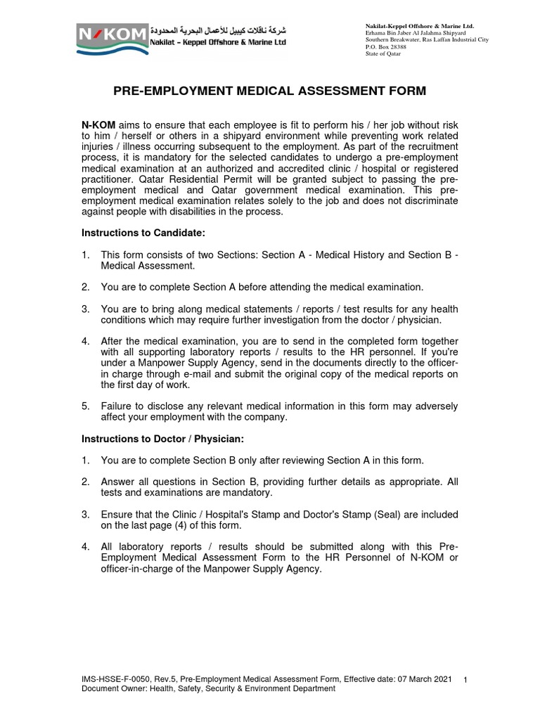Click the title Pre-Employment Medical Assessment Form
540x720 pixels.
pos(270,91)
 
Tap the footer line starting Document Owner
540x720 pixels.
pos(208,689)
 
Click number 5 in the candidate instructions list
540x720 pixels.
pos(85,406)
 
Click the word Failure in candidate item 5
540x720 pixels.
pos(118,406)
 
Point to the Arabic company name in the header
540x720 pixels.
pos(219,30)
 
